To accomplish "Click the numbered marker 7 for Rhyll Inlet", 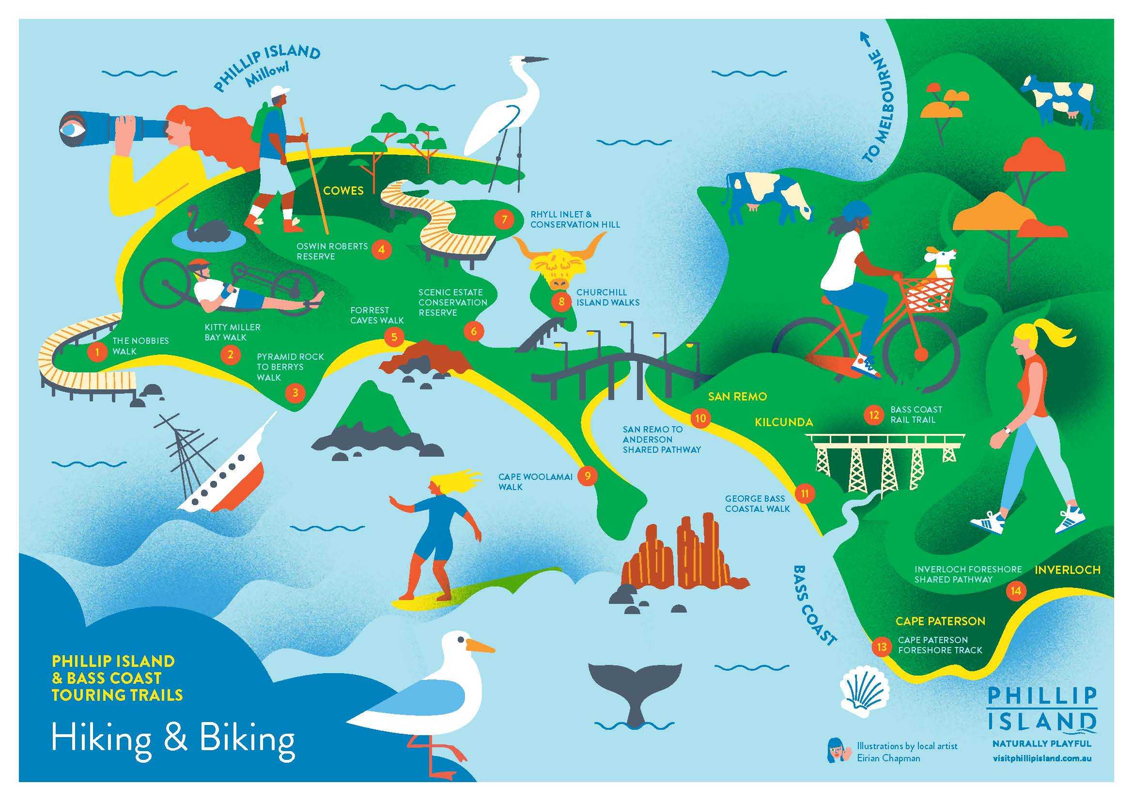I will [504, 218].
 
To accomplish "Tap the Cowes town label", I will [343, 190].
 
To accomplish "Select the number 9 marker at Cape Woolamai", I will [587, 476].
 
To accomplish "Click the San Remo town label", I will [737, 396].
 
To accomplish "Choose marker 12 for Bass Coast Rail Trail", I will [874, 415].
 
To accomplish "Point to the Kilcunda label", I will [784, 422].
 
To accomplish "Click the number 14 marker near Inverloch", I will [1016, 590].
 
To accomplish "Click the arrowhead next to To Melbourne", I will [864, 37].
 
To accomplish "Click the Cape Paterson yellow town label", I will [940, 621].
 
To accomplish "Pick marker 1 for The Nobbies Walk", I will [97, 352].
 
